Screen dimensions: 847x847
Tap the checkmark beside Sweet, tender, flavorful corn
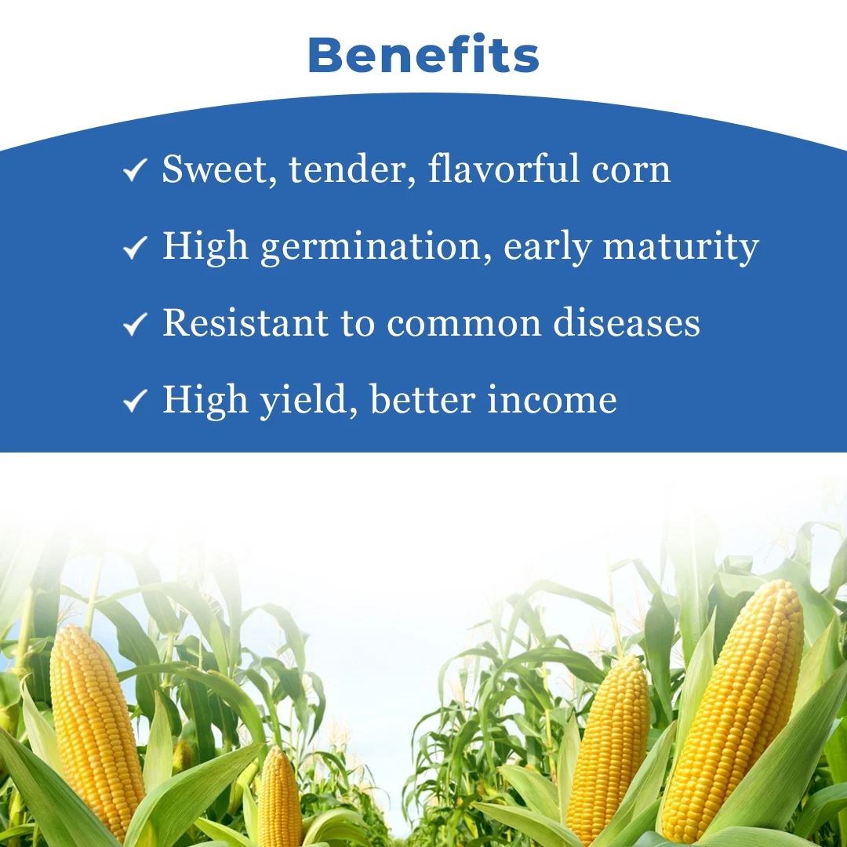[136, 171]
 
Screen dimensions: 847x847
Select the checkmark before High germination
[136, 248]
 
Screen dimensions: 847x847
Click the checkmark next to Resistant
[136, 324]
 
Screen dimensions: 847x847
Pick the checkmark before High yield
[136, 401]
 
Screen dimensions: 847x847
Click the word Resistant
[245, 323]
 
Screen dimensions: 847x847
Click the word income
[551, 400]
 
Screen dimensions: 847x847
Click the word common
[463, 324]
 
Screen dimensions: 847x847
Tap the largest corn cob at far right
[733, 706]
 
